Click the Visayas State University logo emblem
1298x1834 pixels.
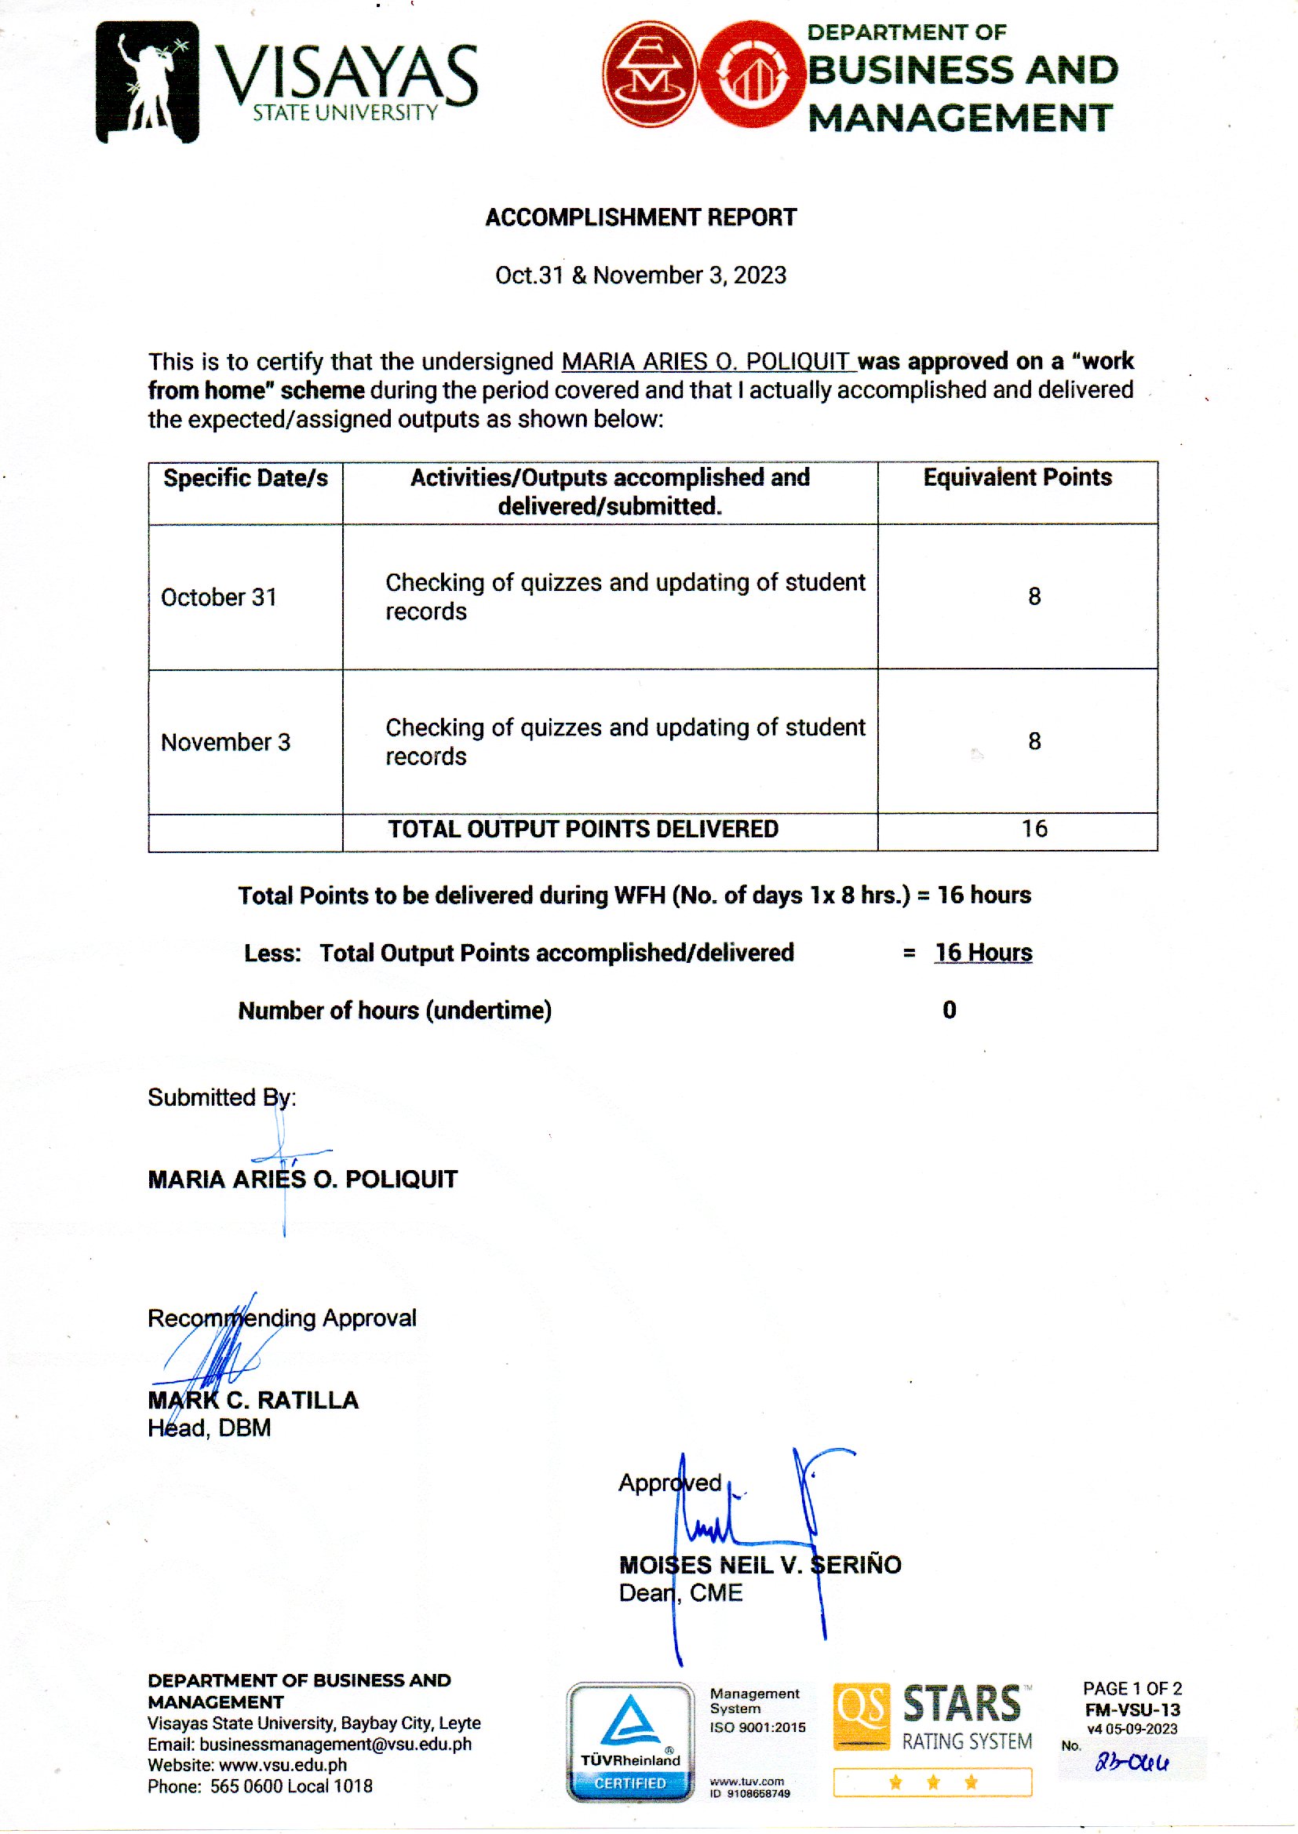pos(148,82)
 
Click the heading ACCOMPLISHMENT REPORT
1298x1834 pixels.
pos(640,217)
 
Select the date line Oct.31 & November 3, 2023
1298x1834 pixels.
pos(640,275)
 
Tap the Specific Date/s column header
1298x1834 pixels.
pos(246,478)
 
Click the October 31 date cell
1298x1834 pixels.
pos(219,597)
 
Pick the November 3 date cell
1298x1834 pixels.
pos(225,742)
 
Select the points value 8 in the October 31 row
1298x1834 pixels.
pos(1034,596)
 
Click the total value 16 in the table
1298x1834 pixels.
pos(1034,829)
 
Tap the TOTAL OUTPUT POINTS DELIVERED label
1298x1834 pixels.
pos(582,829)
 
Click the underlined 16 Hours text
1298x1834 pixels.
pos(983,953)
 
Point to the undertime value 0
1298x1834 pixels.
pos(949,1010)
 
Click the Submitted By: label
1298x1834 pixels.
pos(221,1098)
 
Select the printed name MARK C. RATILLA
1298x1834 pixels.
pos(253,1400)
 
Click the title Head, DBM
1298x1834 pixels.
pos(210,1428)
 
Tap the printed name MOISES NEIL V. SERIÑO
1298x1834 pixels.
pos(760,1565)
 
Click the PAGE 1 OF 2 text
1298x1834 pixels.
pos(1132,1689)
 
